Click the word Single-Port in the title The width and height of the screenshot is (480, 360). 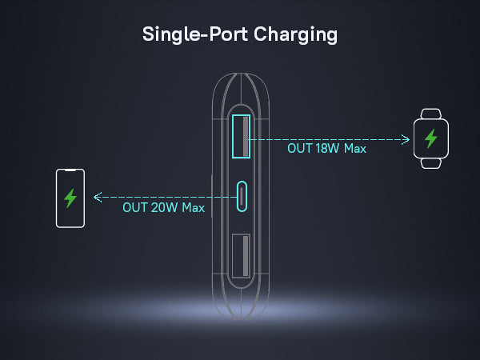click(x=190, y=35)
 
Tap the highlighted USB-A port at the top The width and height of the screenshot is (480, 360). click(x=241, y=135)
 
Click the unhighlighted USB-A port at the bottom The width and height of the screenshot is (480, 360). click(x=241, y=256)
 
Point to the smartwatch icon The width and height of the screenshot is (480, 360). click(x=430, y=138)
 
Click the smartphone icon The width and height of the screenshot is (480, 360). click(x=70, y=198)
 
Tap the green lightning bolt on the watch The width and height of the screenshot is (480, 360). click(x=431, y=138)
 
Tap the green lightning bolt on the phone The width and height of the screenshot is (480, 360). click(x=70, y=198)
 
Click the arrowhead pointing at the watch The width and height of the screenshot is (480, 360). click(x=407, y=138)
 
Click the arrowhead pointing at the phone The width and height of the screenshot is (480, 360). click(x=97, y=196)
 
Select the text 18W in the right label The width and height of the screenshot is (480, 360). click(x=328, y=149)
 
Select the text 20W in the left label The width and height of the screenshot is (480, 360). click(x=163, y=207)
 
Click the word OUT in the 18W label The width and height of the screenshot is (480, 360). click(x=299, y=149)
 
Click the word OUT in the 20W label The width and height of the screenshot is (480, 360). click(x=134, y=207)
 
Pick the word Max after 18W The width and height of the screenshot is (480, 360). click(x=354, y=149)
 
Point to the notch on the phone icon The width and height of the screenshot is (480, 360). click(x=70, y=171)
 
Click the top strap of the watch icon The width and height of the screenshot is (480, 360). click(x=430, y=114)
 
